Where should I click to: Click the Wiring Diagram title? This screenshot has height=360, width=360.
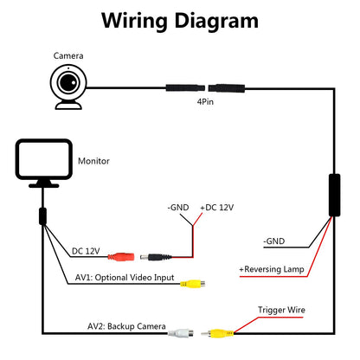(180, 22)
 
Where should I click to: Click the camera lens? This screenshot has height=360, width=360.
(68, 82)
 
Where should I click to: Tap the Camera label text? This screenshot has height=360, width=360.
(68, 55)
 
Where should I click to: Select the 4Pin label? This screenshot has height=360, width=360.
(205, 101)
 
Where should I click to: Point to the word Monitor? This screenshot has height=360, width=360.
(93, 161)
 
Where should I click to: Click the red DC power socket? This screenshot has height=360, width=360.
(121, 256)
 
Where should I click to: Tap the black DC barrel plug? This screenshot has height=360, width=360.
(156, 257)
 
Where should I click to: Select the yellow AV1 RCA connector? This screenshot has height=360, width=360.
(192, 284)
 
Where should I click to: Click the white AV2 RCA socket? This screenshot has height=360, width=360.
(181, 333)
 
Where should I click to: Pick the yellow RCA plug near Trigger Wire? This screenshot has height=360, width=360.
(217, 333)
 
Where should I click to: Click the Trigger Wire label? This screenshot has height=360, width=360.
(281, 310)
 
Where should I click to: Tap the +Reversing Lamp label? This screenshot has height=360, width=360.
(272, 269)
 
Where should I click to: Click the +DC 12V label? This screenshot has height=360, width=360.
(217, 208)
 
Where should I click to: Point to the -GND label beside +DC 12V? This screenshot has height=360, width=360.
(178, 208)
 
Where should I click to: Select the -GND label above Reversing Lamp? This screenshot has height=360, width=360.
(273, 241)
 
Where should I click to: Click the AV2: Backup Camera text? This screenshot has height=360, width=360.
(126, 326)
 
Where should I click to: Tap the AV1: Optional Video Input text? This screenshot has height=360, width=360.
(125, 278)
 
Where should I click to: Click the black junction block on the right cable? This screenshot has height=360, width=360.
(334, 195)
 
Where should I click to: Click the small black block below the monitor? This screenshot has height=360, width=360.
(42, 216)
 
